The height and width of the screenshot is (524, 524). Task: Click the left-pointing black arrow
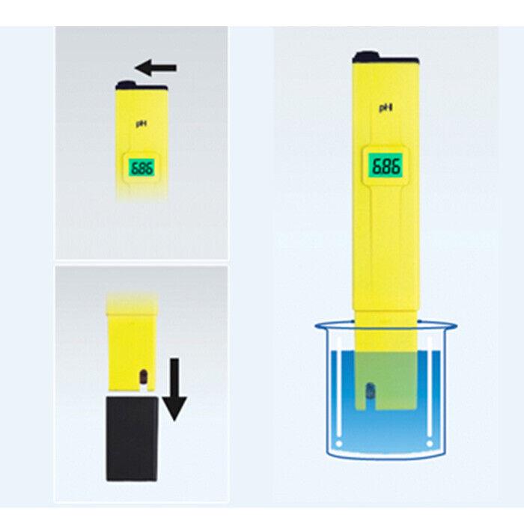(156, 68)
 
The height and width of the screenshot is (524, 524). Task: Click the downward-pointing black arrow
(174, 389)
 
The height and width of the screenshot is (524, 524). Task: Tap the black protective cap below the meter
(132, 439)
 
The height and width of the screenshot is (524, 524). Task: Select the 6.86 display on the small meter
(142, 168)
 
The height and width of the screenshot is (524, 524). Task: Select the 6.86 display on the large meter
(386, 165)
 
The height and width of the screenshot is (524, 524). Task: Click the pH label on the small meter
(141, 124)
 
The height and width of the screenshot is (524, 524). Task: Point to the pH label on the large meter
(386, 108)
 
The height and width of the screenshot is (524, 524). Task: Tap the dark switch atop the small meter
(127, 85)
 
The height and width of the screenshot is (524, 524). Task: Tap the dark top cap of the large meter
(386, 58)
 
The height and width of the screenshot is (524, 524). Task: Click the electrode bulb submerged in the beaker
(370, 390)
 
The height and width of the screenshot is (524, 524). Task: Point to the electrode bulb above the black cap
(144, 377)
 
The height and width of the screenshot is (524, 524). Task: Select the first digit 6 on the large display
(375, 165)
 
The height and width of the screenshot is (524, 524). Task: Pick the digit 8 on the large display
(386, 165)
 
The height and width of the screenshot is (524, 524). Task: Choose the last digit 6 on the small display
(150, 168)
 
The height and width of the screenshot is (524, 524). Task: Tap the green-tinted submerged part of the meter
(386, 380)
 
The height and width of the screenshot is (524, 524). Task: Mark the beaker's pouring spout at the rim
(452, 326)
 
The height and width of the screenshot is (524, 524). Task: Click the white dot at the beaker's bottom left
(339, 444)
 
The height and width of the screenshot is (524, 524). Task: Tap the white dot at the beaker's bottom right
(430, 444)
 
